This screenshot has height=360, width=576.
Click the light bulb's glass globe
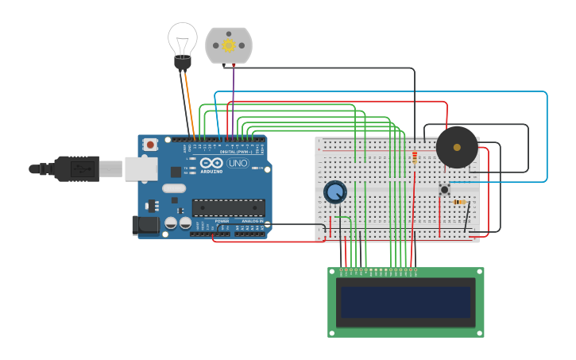[x=183, y=37]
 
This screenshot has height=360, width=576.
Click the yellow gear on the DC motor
[x=229, y=45]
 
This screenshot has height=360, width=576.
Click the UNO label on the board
[x=238, y=163]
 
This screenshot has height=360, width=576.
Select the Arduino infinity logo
[x=212, y=163]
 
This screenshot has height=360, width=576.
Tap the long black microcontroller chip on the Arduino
[x=228, y=207]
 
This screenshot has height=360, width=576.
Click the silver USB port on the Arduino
[x=141, y=168]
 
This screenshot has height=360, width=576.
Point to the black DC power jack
[x=145, y=225]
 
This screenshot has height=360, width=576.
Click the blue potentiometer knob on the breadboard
[x=335, y=192]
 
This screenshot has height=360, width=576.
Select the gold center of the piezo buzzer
[x=457, y=147]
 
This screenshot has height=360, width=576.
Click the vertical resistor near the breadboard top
[x=414, y=158]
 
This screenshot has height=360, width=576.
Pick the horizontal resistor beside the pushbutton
[x=459, y=202]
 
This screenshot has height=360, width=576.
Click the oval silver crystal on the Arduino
[x=174, y=188]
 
